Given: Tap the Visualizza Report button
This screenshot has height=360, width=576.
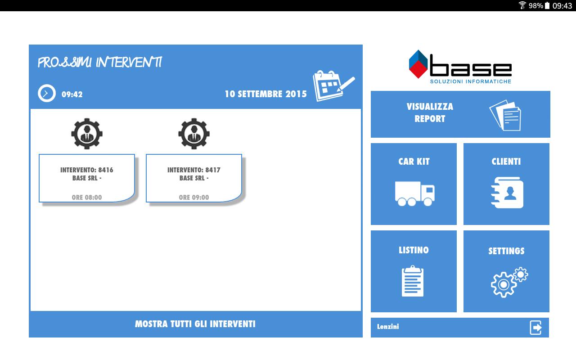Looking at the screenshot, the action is [460, 114].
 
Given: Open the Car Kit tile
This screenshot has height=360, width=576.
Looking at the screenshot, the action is [414, 184].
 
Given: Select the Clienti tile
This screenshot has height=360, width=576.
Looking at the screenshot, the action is [506, 184].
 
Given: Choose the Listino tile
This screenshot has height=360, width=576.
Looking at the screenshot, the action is [414, 271].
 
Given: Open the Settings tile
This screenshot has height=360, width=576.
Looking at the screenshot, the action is [506, 271].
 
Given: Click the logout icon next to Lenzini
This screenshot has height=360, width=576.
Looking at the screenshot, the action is [536, 328].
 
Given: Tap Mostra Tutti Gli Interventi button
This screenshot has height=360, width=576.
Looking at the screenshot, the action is [196, 324].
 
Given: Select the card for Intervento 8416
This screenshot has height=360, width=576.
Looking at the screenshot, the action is [87, 178].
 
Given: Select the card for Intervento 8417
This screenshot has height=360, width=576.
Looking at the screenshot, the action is [194, 178].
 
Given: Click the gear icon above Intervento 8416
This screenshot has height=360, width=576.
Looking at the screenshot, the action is [87, 134].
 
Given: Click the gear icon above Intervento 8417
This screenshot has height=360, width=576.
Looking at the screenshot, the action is [194, 134].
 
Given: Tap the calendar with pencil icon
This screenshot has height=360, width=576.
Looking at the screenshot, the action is [334, 85].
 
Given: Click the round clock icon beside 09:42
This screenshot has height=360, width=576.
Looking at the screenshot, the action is [47, 93].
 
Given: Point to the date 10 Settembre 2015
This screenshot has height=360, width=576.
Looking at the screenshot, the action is [266, 94].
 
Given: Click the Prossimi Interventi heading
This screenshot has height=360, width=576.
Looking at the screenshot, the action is [100, 63].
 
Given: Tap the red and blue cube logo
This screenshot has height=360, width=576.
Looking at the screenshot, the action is [418, 64].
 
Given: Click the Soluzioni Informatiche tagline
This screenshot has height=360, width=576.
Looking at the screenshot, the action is [471, 81].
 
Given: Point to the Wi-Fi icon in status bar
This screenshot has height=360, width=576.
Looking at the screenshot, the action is [522, 5].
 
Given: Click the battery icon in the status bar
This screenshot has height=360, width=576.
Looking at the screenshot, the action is [547, 5].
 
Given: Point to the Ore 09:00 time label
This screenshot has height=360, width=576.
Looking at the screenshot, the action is [194, 198].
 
